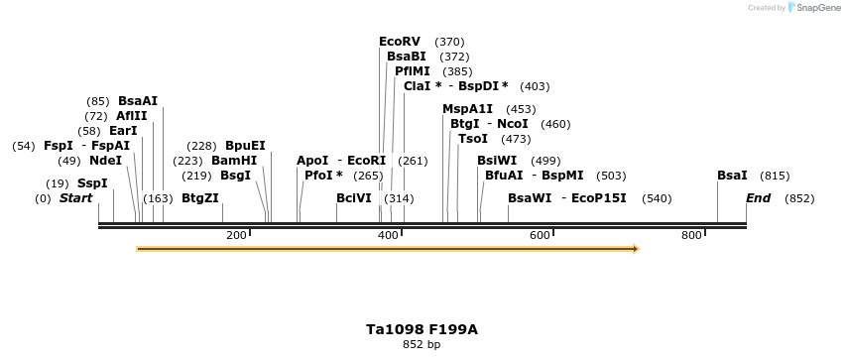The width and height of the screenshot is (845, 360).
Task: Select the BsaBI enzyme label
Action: (x=406, y=57)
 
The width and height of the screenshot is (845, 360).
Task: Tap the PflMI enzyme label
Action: (x=413, y=71)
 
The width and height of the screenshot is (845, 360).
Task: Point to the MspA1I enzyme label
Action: (x=467, y=109)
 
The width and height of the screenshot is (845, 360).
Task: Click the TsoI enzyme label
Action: (x=473, y=139)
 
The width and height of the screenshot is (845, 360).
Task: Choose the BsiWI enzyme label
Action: (x=497, y=161)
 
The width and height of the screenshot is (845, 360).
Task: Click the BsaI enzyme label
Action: (x=732, y=176)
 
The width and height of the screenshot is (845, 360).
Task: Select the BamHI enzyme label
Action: (x=234, y=161)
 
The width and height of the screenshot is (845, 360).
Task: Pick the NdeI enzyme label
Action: (x=105, y=161)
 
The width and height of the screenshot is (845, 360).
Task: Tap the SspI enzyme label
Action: (x=92, y=183)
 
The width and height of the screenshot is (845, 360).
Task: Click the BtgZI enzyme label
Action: (x=200, y=198)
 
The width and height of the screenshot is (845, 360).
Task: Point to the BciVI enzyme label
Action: (x=354, y=198)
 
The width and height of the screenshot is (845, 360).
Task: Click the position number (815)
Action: (x=775, y=176)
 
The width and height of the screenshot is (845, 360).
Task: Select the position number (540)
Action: (x=657, y=198)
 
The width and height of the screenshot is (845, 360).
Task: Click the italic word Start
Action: (x=75, y=198)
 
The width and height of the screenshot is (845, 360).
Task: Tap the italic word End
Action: (x=758, y=198)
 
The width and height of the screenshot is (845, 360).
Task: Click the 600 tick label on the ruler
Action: (x=540, y=235)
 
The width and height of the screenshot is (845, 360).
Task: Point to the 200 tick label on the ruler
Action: (x=236, y=235)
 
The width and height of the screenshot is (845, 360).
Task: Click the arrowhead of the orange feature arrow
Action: (x=636, y=249)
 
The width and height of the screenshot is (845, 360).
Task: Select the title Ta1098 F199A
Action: (x=422, y=329)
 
